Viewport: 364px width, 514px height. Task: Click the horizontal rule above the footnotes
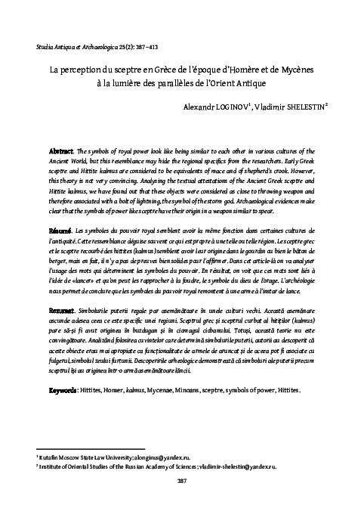[90, 448]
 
